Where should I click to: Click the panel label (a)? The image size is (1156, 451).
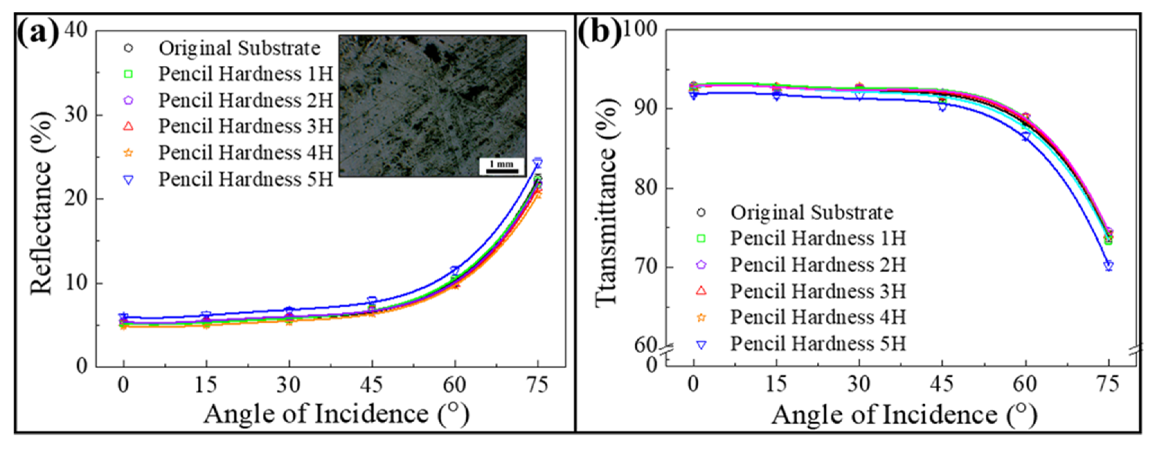tap(38, 32)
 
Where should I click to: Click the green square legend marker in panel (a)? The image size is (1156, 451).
tap(128, 74)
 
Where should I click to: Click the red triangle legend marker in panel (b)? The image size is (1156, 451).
tap(701, 291)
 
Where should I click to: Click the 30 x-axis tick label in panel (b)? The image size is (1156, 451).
tap(859, 384)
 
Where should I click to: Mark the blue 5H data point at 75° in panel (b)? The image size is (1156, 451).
tap(1109, 266)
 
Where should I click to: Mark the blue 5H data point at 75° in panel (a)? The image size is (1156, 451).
tap(538, 162)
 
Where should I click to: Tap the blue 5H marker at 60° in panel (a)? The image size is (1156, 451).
tap(455, 270)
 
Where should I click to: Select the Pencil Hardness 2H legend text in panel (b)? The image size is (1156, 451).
tap(818, 265)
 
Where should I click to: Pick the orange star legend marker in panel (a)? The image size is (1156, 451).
tap(128, 153)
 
